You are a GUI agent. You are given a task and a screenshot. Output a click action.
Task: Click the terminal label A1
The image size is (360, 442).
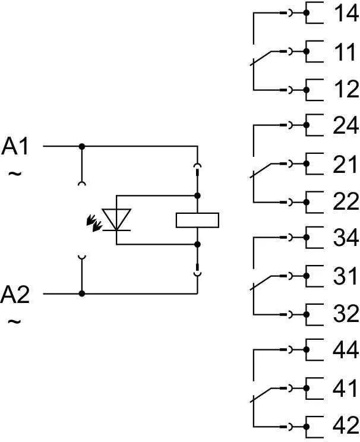(16, 146)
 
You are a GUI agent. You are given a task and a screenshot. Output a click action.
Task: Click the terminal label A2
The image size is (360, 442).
(16, 294)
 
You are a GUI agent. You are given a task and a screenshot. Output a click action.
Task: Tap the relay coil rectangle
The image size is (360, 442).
(198, 219)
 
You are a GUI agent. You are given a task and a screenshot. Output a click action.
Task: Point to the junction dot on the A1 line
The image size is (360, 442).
(82, 146)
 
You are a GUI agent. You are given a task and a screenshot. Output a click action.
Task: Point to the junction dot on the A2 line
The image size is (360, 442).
(82, 293)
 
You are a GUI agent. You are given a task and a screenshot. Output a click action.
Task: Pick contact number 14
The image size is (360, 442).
(345, 14)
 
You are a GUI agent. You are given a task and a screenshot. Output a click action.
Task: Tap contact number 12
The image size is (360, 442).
(345, 90)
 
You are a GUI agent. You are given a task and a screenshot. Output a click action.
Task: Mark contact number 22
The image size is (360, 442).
(345, 202)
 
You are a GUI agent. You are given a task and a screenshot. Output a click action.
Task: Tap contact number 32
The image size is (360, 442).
(345, 314)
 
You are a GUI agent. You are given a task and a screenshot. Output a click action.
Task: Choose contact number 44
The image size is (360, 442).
(345, 351)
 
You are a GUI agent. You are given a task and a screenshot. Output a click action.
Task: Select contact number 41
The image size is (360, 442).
(345, 389)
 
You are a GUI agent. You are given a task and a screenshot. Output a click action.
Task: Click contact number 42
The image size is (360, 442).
(345, 426)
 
